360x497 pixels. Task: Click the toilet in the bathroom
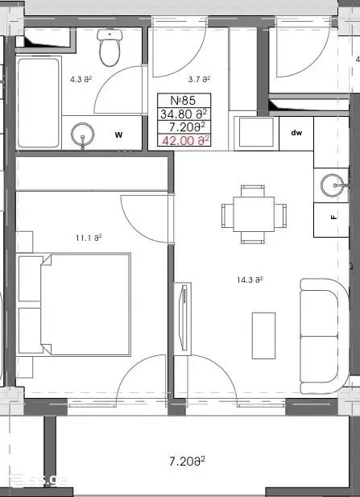point(110,48)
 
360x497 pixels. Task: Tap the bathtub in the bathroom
point(39,102)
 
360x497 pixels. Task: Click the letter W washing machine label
point(118,135)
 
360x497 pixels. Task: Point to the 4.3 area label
point(81,79)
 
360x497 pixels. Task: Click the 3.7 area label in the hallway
point(200,79)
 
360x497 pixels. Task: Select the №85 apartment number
point(183,101)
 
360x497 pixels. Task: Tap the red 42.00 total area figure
point(185,140)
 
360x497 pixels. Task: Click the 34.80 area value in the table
point(184,114)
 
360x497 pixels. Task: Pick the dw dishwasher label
point(296,133)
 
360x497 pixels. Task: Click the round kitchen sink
point(332,185)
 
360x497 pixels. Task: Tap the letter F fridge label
point(333,217)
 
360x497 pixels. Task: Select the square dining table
point(254,214)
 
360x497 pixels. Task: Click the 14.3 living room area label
point(250,280)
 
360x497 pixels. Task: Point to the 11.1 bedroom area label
point(89,238)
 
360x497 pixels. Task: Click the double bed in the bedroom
point(74,304)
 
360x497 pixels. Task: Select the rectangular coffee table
point(263,336)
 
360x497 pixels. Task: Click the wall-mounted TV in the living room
point(183,318)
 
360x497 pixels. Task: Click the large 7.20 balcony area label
point(187,461)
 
